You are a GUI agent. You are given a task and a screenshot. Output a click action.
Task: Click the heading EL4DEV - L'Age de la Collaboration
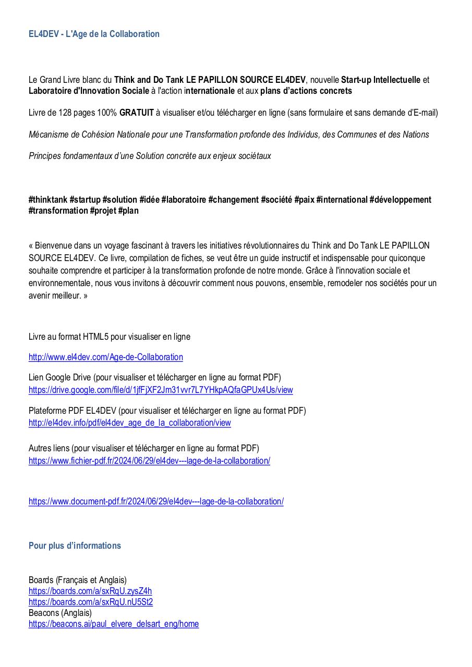(94, 34)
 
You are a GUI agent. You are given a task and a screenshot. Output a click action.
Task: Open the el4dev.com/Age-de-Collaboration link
(105, 357)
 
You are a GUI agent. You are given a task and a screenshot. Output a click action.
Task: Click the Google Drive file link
(161, 390)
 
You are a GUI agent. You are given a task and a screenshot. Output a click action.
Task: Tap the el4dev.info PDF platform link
(129, 423)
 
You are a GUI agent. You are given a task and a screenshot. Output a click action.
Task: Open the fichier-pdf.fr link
(149, 461)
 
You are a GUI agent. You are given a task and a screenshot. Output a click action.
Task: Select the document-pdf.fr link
(156, 501)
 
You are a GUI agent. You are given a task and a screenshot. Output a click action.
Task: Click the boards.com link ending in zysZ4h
(90, 591)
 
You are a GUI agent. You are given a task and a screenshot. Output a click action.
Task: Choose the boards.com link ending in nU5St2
(91, 602)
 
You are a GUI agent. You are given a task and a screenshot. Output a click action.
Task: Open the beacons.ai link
(114, 624)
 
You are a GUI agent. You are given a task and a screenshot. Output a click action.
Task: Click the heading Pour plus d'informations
(75, 546)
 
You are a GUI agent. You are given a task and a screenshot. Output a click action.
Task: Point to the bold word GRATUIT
(137, 113)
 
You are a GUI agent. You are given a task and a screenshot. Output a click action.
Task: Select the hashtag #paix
(304, 200)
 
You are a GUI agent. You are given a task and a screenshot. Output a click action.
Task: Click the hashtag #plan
(128, 211)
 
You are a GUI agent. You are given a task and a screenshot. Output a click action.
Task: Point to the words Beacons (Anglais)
(60, 613)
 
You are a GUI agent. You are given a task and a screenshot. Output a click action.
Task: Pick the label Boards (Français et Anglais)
(78, 580)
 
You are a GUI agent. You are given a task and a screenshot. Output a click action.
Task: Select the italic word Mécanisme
(50, 134)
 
